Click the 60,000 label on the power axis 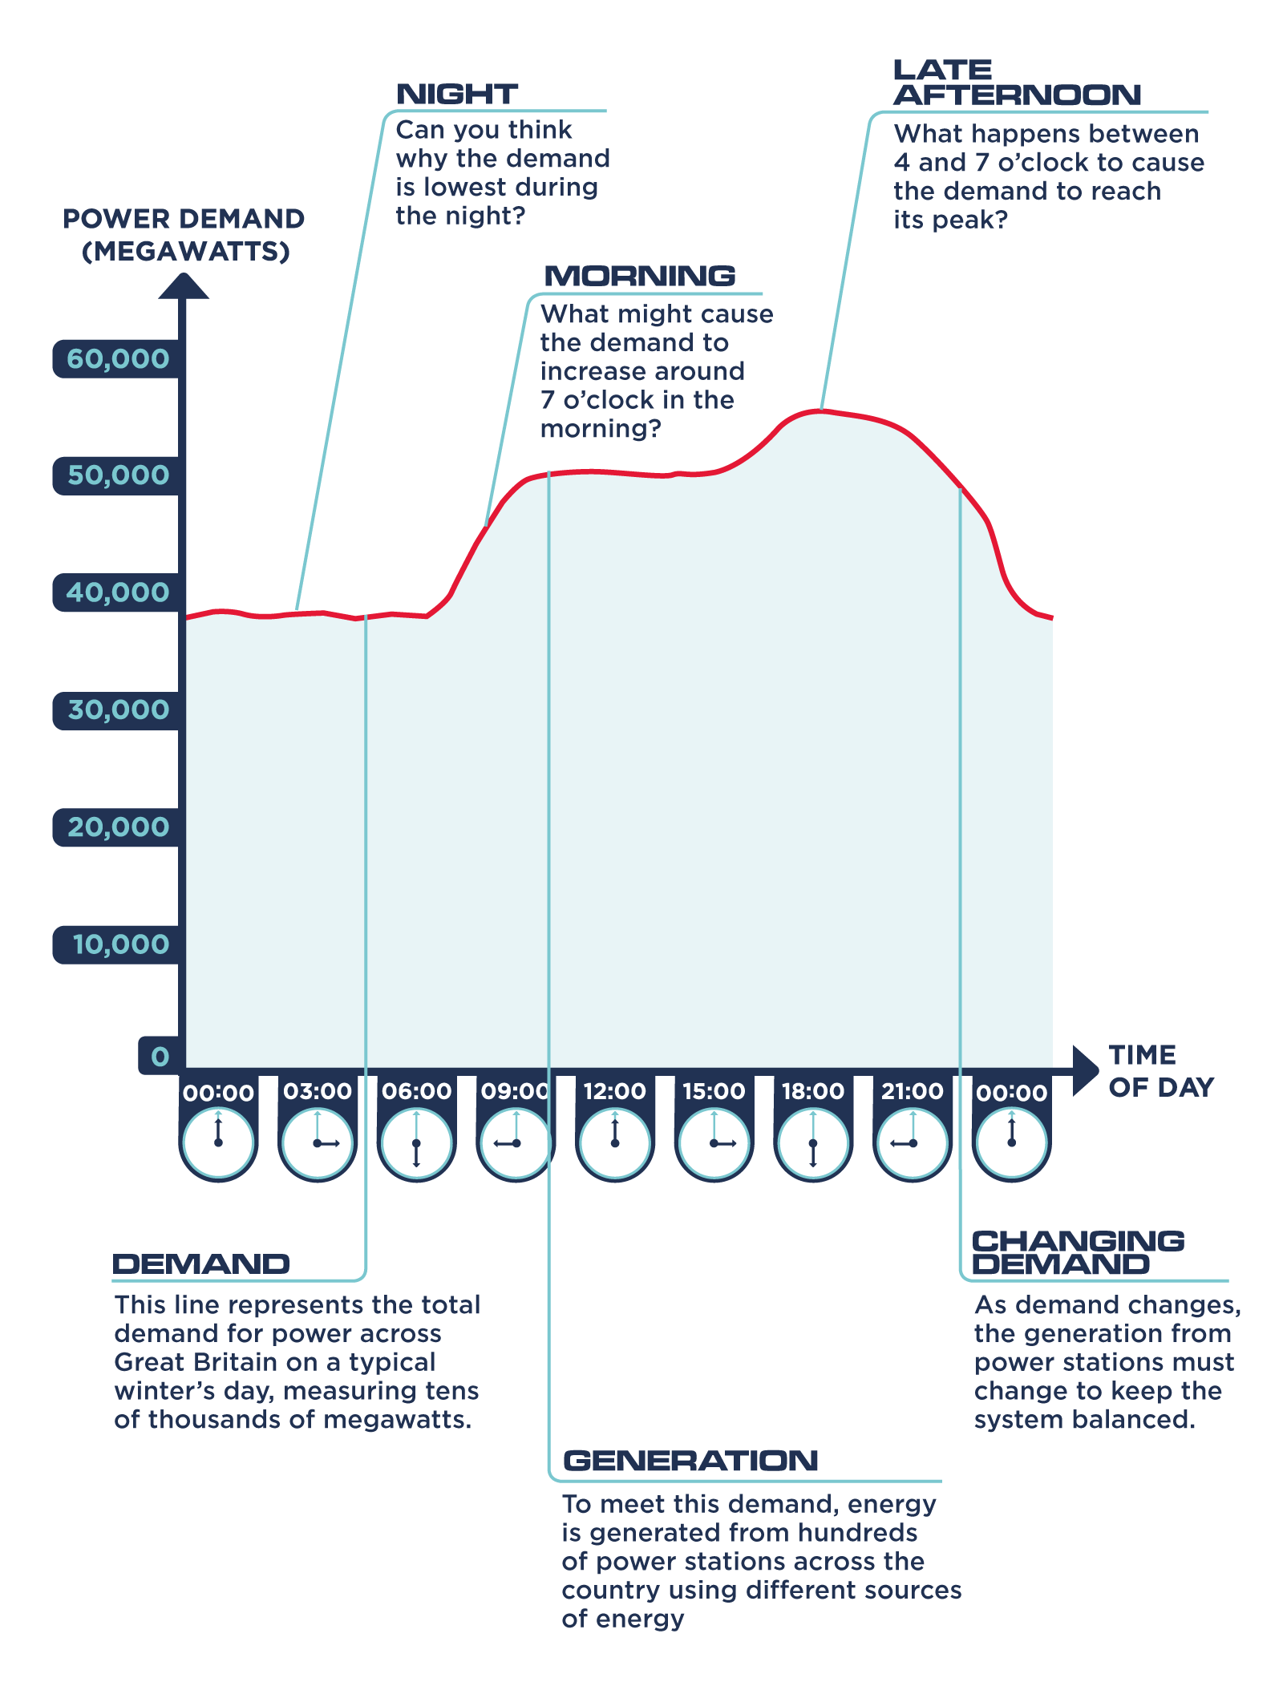(x=118, y=358)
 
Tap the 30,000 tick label (x=118, y=710)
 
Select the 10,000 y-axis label (x=120, y=944)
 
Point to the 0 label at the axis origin (x=160, y=1056)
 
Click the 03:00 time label (x=318, y=1091)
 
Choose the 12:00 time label (x=614, y=1091)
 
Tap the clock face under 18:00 (x=813, y=1143)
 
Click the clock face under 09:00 (x=516, y=1143)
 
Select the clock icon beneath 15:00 (x=714, y=1143)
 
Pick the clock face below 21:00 (x=913, y=1143)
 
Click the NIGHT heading (x=457, y=94)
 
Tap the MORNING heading (x=639, y=276)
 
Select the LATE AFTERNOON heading (x=1016, y=83)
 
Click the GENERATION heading (x=690, y=1461)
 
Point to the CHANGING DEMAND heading (x=1077, y=1252)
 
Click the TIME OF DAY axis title (x=1160, y=1071)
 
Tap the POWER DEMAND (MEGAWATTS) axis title (x=184, y=235)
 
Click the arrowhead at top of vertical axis (x=184, y=286)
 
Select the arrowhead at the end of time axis (x=1085, y=1069)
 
